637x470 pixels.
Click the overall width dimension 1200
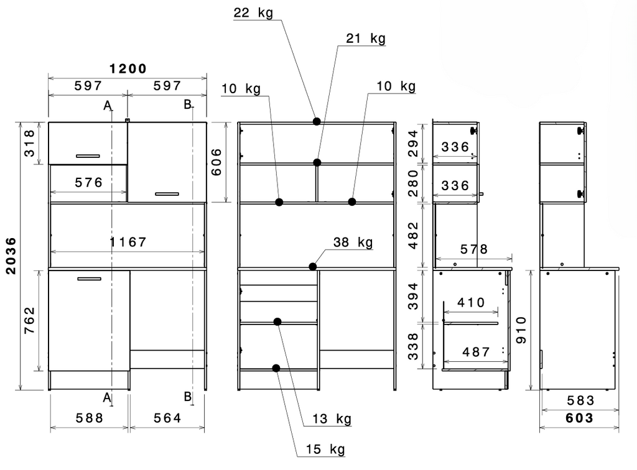[x=128, y=68]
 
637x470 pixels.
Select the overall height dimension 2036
[x=11, y=256]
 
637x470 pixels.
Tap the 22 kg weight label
[x=253, y=12]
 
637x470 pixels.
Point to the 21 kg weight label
[x=366, y=39]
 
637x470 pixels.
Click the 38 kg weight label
[x=353, y=242]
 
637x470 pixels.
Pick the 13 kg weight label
[x=332, y=418]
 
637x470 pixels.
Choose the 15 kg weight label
[x=325, y=449]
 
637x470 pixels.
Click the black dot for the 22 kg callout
[x=317, y=121]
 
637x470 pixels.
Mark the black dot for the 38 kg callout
[x=312, y=267]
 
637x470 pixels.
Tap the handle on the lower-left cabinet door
[x=89, y=279]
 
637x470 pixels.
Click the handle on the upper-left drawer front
[x=88, y=156]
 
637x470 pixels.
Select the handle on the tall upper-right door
[x=167, y=194]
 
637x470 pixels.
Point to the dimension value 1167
[x=128, y=242]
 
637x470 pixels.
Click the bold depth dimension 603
[x=580, y=418]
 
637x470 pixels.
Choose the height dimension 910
[x=521, y=330]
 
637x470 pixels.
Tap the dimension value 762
[x=29, y=321]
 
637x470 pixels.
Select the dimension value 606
[x=216, y=162]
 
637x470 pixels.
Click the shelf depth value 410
[x=471, y=302]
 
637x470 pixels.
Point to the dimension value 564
[x=167, y=418]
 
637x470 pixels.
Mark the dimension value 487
[x=476, y=351]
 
